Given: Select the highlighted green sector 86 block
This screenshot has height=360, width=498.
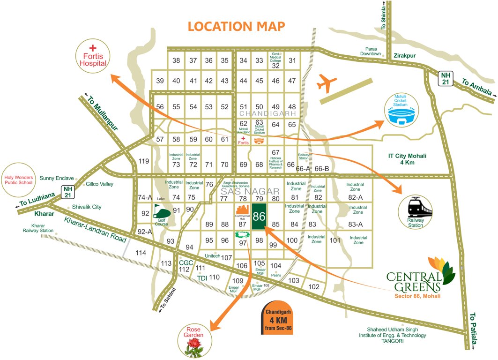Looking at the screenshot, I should coord(259,217).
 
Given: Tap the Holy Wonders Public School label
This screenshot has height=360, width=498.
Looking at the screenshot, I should coord(19,180).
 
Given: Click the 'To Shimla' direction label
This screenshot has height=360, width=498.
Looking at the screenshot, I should coord(384,19).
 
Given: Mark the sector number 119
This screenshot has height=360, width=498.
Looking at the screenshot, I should coord(144,161).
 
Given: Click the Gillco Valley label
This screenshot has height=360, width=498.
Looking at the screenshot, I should coord(99,184).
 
